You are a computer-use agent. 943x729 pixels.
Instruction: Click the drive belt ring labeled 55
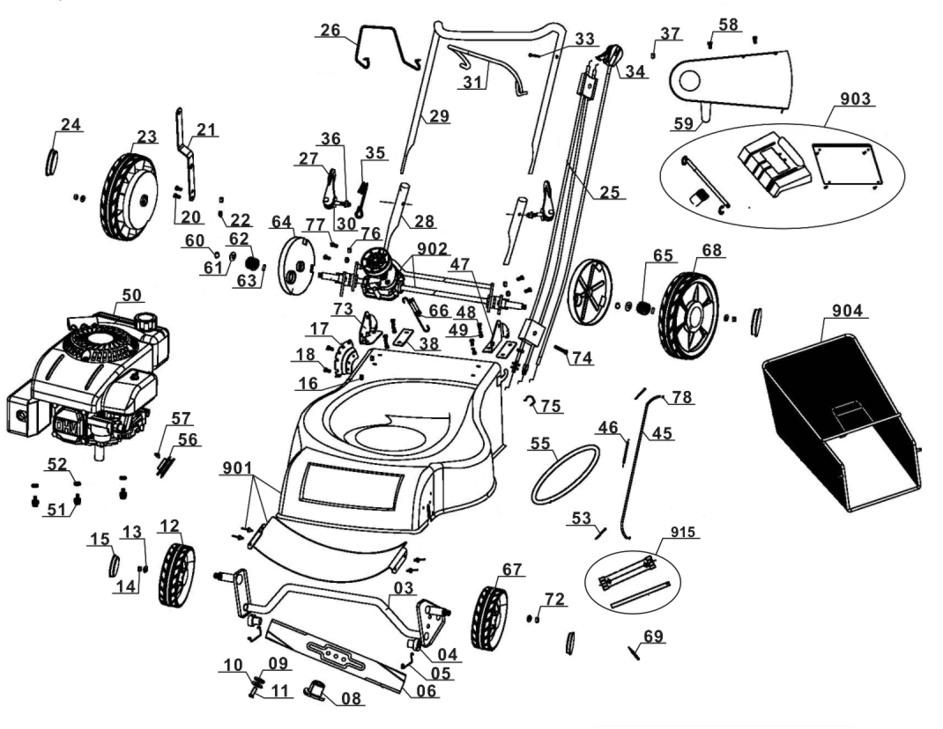[565, 474]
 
